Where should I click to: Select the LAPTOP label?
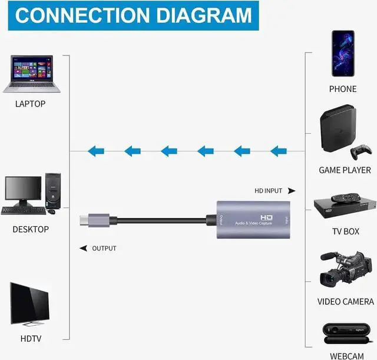click(31, 104)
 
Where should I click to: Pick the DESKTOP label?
click(31, 229)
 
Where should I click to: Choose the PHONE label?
click(343, 89)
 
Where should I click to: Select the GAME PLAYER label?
click(345, 170)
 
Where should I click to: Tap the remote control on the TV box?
click(344, 198)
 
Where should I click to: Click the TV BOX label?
click(345, 232)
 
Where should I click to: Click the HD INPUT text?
click(268, 191)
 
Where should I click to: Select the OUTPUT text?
click(104, 248)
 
